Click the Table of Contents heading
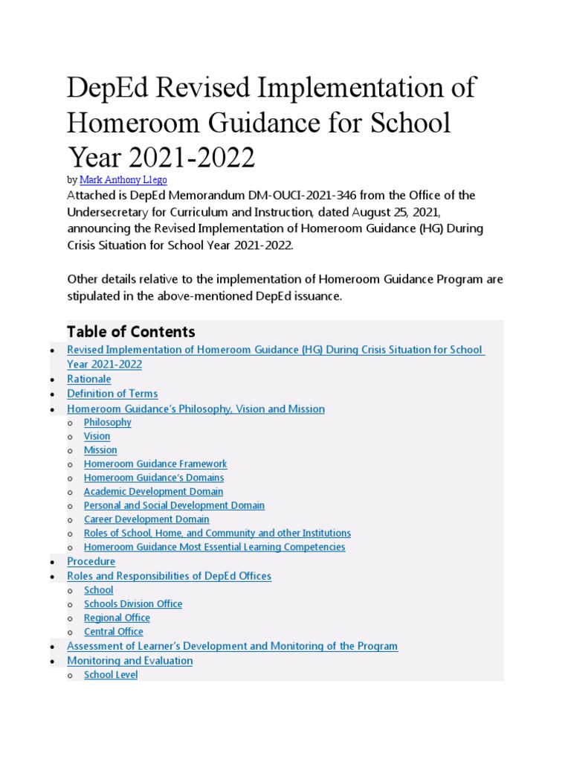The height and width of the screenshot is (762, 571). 131,332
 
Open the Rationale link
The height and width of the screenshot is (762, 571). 88,379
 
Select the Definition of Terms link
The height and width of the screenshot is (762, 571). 112,394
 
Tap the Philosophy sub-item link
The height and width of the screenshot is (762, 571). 107,422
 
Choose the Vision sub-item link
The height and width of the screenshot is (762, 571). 97,436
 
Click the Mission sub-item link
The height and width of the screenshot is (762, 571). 100,450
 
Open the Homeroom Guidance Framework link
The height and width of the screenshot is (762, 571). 155,464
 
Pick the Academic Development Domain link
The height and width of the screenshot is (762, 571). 153,492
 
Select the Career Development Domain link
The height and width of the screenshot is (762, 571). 146,519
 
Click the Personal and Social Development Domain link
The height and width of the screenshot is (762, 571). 174,505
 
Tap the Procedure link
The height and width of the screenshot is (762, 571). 91,561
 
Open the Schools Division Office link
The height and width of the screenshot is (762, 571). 133,603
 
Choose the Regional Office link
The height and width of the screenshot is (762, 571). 117,618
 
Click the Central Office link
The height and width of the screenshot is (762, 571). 114,632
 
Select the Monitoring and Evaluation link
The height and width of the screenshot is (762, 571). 129,661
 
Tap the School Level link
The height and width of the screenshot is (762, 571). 111,675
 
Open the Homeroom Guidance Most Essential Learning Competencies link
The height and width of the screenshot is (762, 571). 214,547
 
